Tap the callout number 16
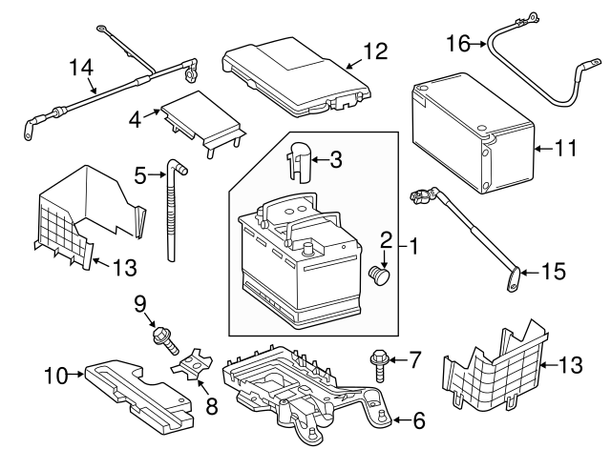coord(458,42)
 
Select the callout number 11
coord(566,148)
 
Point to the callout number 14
coord(83,67)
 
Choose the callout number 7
coord(414,360)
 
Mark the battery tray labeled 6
coord(305,391)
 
